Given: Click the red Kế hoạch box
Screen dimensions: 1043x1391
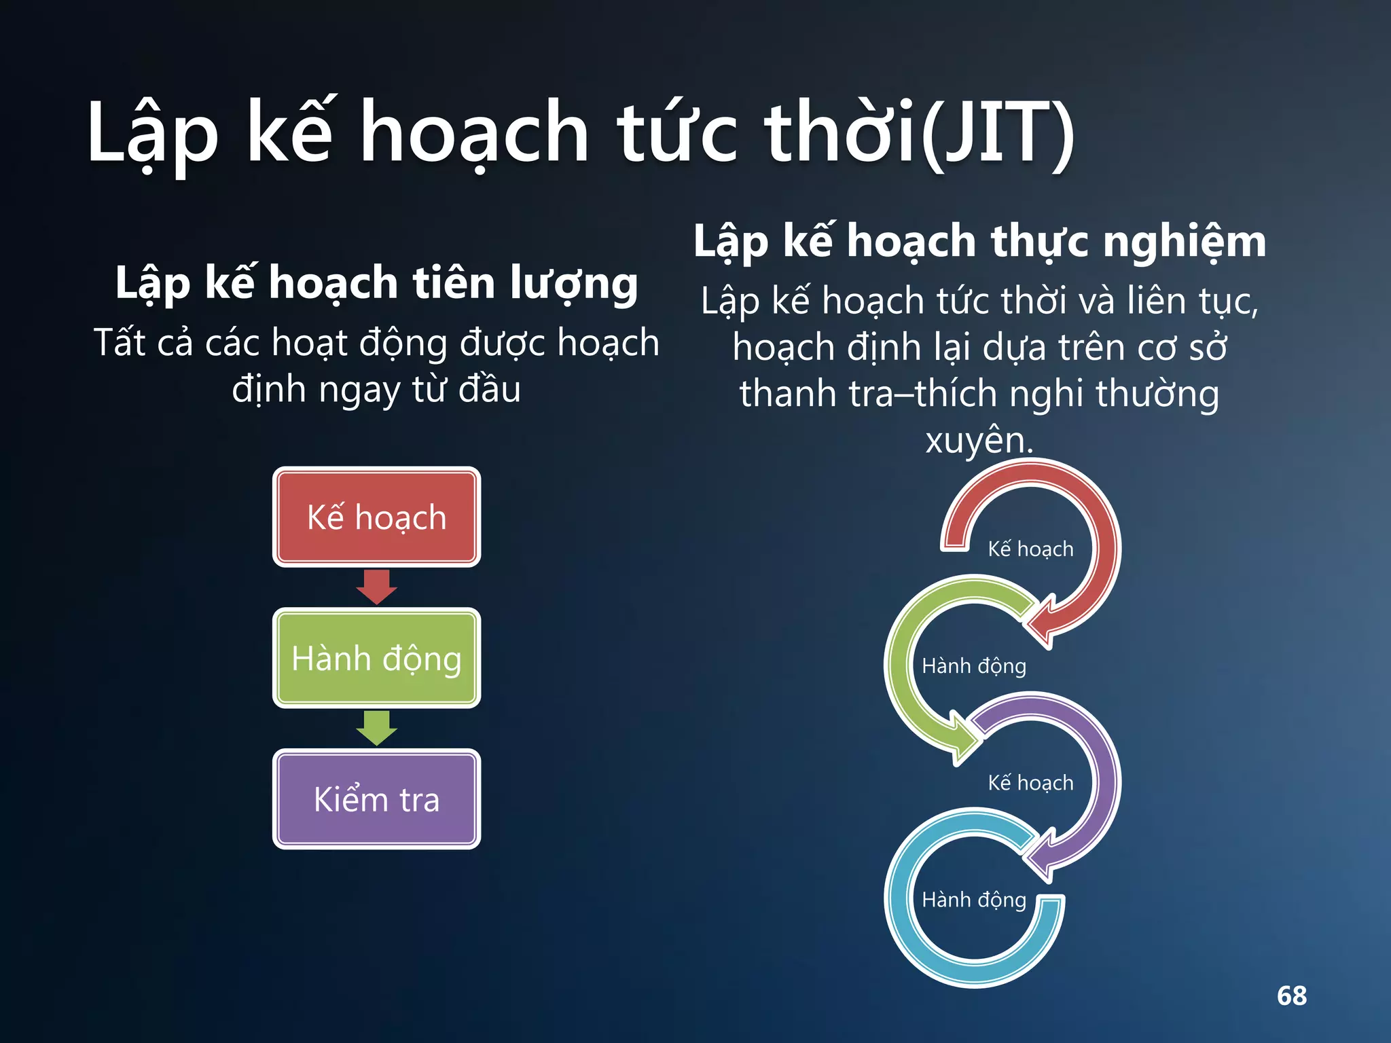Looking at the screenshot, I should click(376, 517).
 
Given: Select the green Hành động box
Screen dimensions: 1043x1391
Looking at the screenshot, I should click(376, 658).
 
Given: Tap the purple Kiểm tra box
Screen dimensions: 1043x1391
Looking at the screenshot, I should click(376, 799).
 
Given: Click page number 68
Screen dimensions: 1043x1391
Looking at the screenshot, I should click(1291, 995).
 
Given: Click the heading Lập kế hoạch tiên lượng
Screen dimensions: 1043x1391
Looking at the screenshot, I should click(376, 282).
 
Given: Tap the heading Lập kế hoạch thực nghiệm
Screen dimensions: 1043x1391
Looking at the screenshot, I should click(979, 241).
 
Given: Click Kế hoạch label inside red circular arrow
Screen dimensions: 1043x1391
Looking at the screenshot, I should click(1030, 549).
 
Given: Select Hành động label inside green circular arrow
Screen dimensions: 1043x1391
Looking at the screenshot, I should click(973, 665).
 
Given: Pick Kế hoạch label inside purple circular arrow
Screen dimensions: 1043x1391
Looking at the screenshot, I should click(1030, 782).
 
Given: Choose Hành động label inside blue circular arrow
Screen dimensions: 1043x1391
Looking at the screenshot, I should click(973, 899).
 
